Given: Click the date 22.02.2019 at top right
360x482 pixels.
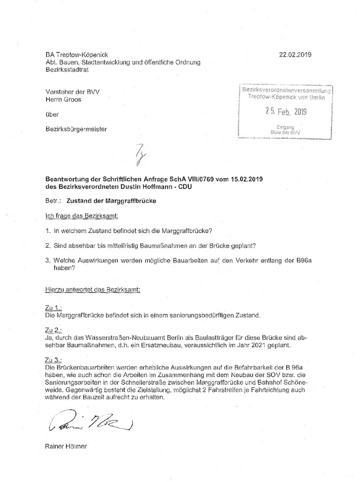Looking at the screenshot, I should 296,54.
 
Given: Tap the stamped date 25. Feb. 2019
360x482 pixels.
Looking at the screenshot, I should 287,111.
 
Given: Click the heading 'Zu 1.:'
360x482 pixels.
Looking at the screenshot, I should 53,310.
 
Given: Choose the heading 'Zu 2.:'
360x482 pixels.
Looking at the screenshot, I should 53,331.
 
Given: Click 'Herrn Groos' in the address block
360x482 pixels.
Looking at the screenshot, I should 63,100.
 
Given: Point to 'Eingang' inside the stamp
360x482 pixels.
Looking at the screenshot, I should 286,127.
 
